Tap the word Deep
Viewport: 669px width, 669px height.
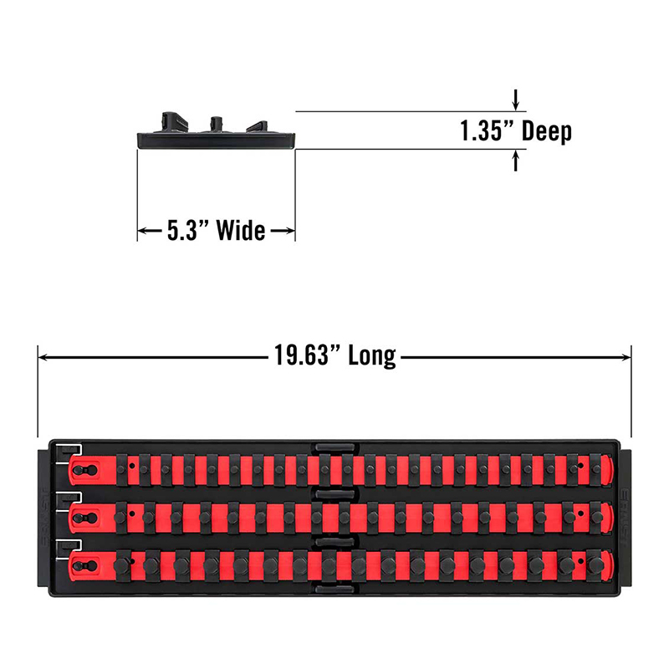tap(547, 131)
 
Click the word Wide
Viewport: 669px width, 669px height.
tap(241, 231)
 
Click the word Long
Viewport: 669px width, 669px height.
tap(372, 356)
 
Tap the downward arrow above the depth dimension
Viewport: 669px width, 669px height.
tap(516, 100)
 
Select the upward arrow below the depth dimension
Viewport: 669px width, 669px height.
tap(516, 161)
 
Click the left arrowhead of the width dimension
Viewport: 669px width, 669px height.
tap(142, 231)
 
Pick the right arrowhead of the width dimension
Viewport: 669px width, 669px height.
tap(290, 231)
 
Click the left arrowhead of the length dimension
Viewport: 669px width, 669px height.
tap(43, 357)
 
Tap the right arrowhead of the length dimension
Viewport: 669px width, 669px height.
tap(626, 357)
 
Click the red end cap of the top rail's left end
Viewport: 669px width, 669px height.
tap(86, 471)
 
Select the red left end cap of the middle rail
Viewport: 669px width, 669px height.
tap(86, 518)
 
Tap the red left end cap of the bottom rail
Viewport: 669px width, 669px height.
tap(86, 566)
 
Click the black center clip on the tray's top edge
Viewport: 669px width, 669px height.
tap(334, 447)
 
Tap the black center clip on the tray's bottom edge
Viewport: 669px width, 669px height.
tap(334, 590)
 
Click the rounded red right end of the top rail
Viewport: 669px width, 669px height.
tap(608, 471)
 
